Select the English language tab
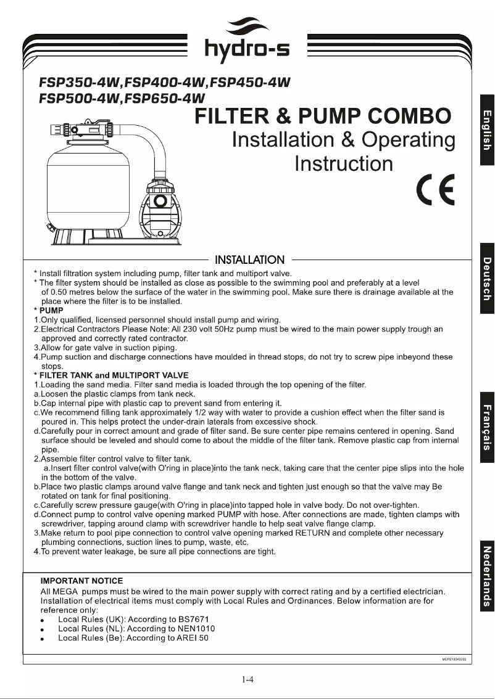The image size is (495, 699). coord(487,130)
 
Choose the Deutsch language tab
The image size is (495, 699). coord(487,279)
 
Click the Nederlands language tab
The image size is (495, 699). coord(487,577)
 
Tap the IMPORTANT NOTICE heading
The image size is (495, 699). coord(81,581)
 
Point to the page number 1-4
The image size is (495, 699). coord(247,681)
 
